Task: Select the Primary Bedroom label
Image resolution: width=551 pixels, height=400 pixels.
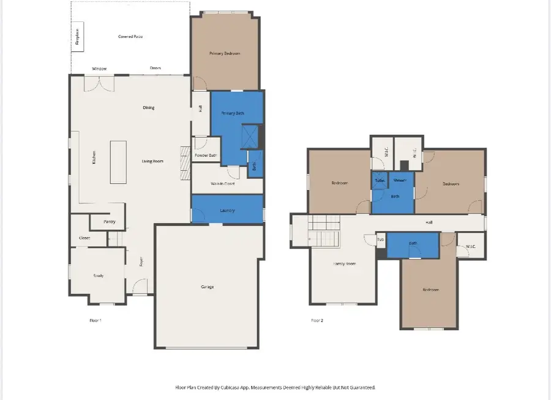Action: pos(225,54)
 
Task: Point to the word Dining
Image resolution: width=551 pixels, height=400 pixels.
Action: pos(149,108)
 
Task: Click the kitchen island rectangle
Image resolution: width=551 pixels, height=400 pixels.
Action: pos(118,162)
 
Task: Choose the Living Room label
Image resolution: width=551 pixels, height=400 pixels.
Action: pos(152,162)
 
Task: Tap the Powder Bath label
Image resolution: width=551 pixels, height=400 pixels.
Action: pos(206,156)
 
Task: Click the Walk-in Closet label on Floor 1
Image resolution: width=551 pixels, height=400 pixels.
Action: pos(223,184)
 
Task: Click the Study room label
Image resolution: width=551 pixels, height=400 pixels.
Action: pos(98,276)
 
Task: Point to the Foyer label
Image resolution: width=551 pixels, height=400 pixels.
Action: pos(141,262)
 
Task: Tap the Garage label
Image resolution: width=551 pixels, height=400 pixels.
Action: pos(207,287)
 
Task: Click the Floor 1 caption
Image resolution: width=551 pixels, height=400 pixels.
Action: pos(95,320)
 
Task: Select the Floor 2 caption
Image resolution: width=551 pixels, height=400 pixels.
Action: pos(317,320)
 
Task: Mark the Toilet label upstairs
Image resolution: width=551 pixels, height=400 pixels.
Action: pos(380,181)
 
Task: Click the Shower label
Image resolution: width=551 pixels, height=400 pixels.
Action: pos(400,181)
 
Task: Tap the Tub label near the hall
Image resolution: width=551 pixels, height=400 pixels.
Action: pos(380,240)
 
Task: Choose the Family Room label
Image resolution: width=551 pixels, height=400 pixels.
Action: pos(344,263)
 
